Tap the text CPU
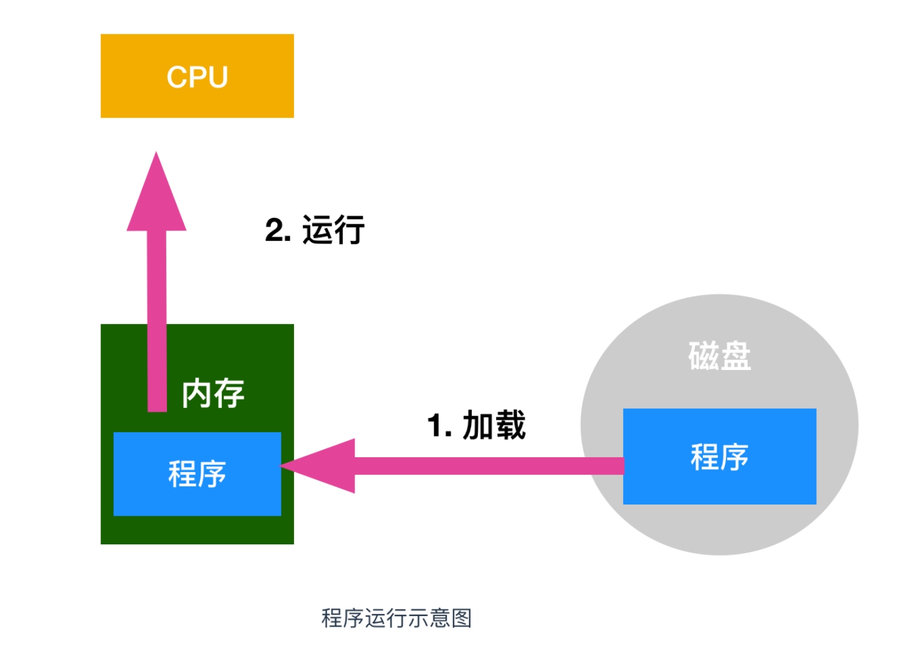pyautogui.click(x=197, y=77)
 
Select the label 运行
pyautogui.click(x=333, y=230)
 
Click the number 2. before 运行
pyautogui.click(x=277, y=230)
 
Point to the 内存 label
pyautogui.click(x=213, y=394)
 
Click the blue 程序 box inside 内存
pyautogui.click(x=197, y=474)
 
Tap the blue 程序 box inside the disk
pyautogui.click(x=719, y=457)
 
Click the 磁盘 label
pyautogui.click(x=719, y=356)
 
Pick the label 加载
pyautogui.click(x=494, y=426)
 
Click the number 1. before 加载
pyautogui.click(x=439, y=426)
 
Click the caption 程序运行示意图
pyautogui.click(x=396, y=618)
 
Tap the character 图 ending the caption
pyautogui.click(x=462, y=618)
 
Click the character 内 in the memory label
pyautogui.click(x=196, y=394)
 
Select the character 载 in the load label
pyautogui.click(x=510, y=426)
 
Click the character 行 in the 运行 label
pyautogui.click(x=350, y=230)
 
